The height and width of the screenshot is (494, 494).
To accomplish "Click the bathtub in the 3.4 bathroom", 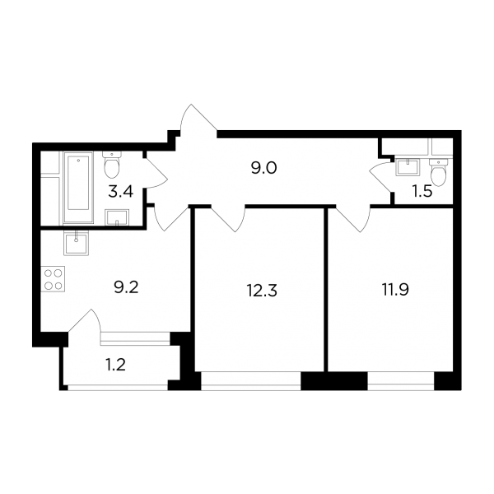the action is click(78, 188).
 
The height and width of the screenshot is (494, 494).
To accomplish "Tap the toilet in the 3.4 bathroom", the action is click(111, 165).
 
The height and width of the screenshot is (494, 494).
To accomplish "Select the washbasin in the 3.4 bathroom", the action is click(117, 217).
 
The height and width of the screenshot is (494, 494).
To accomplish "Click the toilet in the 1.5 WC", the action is click(438, 172).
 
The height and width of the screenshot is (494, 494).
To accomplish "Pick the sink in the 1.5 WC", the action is click(408, 167).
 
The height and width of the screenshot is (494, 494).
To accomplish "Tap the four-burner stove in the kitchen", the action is click(53, 279).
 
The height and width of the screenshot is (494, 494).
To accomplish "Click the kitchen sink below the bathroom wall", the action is click(77, 243).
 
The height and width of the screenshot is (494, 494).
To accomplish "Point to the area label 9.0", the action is click(263, 169).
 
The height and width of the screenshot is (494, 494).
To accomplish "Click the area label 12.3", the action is click(262, 291).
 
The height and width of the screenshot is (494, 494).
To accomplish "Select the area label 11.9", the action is click(396, 290).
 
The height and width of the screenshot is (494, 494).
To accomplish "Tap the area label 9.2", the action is click(126, 287).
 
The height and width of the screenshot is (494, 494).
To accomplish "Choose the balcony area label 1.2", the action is click(115, 365).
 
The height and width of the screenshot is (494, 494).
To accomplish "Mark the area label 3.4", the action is click(121, 191).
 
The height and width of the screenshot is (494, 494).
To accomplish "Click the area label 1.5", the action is click(422, 191).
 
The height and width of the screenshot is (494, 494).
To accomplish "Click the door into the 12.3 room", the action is click(228, 218).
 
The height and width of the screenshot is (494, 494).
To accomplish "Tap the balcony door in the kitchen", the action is click(85, 320).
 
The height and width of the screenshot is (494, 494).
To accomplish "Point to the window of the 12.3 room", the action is click(251, 381).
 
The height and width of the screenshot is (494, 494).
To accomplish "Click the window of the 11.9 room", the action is click(401, 381).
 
